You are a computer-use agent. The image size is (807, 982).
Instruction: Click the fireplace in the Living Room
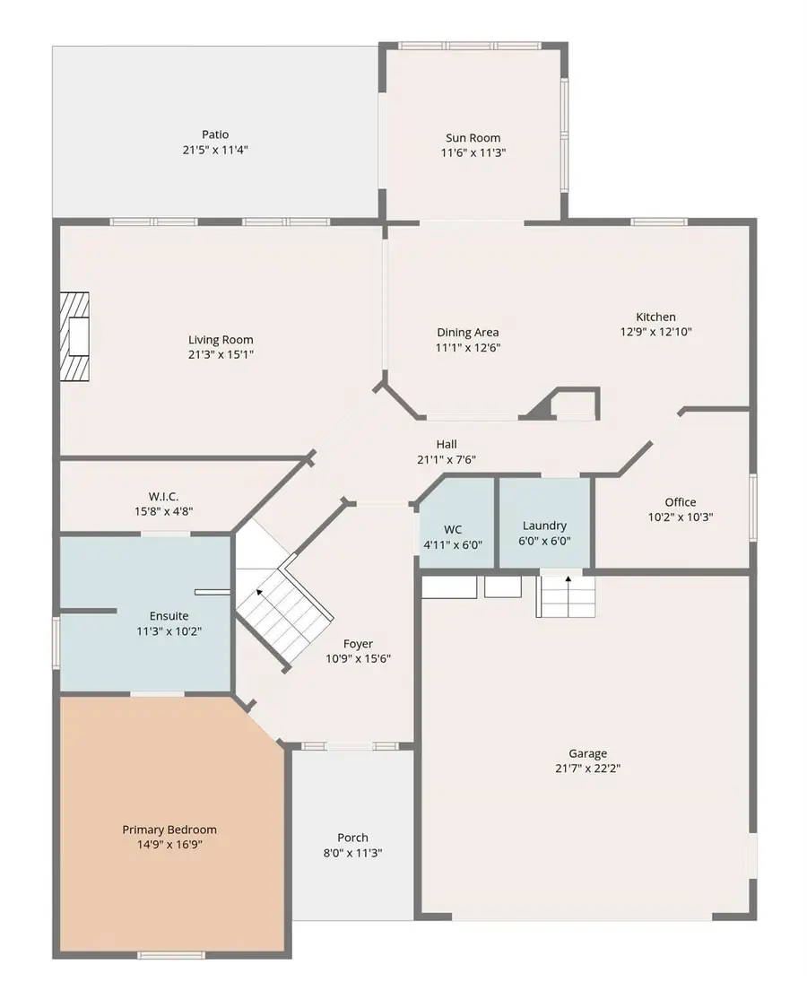tap(74, 336)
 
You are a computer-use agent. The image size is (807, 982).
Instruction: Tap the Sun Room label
tap(473, 138)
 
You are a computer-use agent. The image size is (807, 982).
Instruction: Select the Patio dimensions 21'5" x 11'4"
tap(214, 150)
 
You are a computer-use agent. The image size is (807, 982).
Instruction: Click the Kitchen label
tap(655, 317)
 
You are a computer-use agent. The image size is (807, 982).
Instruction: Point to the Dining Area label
tap(468, 333)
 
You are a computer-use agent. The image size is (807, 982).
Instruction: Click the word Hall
tap(447, 444)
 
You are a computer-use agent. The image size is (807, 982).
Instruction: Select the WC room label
tap(453, 530)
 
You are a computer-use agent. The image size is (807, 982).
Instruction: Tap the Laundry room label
tap(544, 526)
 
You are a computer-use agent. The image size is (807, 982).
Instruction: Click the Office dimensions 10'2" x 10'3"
tap(681, 517)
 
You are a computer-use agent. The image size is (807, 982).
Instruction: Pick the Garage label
tap(588, 753)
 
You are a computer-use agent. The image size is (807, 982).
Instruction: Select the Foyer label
tap(358, 644)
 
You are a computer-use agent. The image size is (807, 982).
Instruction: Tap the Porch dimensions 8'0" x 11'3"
tap(352, 853)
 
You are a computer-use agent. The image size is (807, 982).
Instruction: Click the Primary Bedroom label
tap(169, 830)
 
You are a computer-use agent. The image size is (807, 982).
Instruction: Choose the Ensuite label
tap(169, 616)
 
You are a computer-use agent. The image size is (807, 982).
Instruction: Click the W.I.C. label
tap(163, 497)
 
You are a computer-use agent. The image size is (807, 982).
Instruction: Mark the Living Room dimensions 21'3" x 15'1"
tap(221, 354)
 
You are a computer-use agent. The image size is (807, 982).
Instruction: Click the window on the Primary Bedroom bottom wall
tap(171, 955)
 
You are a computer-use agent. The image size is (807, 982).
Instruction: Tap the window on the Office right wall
tap(753, 508)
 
